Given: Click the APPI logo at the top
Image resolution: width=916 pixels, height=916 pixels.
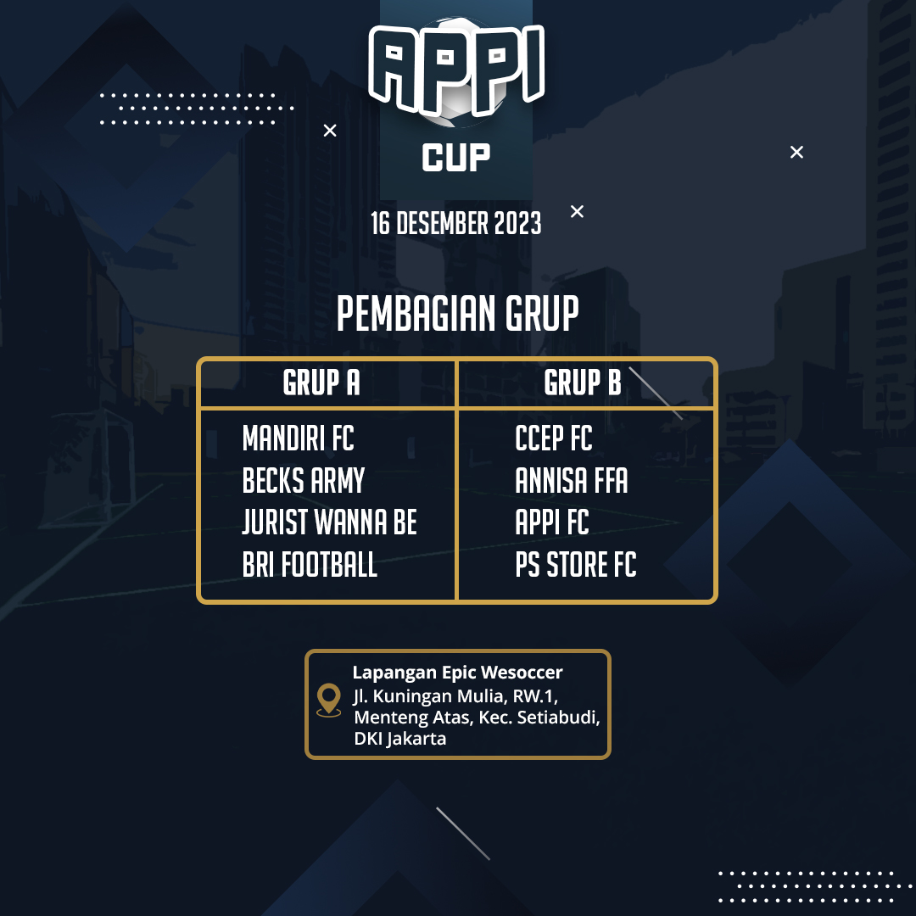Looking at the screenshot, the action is [x=456, y=70].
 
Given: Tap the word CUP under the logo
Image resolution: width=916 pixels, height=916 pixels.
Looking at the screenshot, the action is [x=456, y=158].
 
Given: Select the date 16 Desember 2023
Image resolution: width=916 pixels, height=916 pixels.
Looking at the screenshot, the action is [x=456, y=223].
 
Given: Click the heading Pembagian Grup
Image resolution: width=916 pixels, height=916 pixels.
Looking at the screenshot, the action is [x=457, y=314].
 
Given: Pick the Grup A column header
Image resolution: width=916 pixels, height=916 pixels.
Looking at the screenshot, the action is [x=321, y=383].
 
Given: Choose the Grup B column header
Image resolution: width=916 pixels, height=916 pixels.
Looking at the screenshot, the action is [x=583, y=383].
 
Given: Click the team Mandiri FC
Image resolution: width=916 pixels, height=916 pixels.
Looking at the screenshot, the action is [x=298, y=438].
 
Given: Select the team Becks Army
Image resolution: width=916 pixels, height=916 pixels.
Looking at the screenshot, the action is [x=303, y=481].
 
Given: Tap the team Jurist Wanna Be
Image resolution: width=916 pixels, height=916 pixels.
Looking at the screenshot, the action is [x=329, y=522].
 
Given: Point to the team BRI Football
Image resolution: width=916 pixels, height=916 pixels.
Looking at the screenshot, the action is [x=310, y=565].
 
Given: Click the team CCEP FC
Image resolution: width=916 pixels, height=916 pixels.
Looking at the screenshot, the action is [x=554, y=438].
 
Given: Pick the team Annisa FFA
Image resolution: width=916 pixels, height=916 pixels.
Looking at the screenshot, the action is [x=572, y=481].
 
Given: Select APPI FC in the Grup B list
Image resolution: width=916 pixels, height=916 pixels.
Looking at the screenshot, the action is [x=552, y=522].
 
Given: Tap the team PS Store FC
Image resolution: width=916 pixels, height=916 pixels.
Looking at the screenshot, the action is [x=576, y=565].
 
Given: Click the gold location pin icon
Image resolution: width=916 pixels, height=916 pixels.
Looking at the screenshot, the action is [x=329, y=700].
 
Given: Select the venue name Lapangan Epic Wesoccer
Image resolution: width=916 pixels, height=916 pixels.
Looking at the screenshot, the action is [x=457, y=673].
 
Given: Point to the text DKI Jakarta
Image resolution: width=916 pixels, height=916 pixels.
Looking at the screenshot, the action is [x=400, y=739].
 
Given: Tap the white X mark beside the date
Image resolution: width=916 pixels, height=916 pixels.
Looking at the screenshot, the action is [x=578, y=211].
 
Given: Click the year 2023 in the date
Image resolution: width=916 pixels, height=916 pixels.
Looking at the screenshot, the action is [x=517, y=223].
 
